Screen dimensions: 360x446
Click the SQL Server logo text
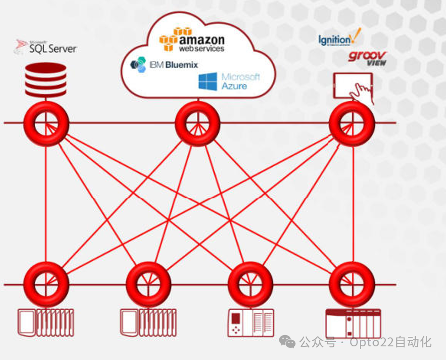52,48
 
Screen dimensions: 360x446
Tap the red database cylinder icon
46,80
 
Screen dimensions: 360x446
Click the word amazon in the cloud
202,40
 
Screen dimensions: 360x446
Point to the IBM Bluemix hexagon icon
138,64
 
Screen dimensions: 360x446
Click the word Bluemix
182,65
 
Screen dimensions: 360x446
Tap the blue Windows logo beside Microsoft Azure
208,81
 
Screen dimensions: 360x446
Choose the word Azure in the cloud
234,86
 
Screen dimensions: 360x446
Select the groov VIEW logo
367,58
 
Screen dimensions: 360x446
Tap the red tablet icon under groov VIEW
351,86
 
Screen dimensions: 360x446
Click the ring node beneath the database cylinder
46,124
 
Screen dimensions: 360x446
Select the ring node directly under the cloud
197,124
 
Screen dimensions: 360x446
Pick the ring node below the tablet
352,124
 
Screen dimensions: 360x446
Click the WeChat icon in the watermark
287,341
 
